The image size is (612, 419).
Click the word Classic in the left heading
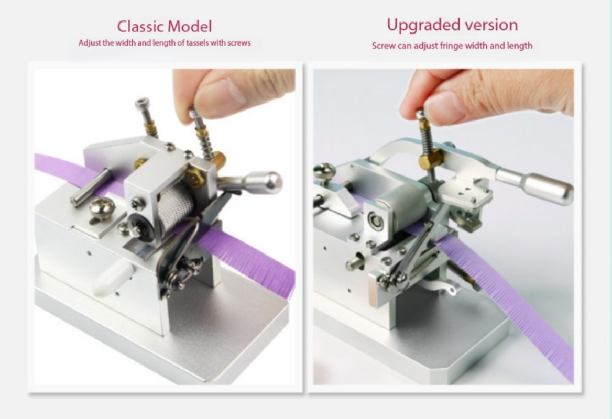[x=140, y=27]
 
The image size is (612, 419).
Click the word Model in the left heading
[x=189, y=27]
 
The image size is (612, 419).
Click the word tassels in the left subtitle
[x=198, y=43]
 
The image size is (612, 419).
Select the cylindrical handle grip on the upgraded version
[x=549, y=190]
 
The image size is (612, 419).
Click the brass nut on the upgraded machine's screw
[x=431, y=159]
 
